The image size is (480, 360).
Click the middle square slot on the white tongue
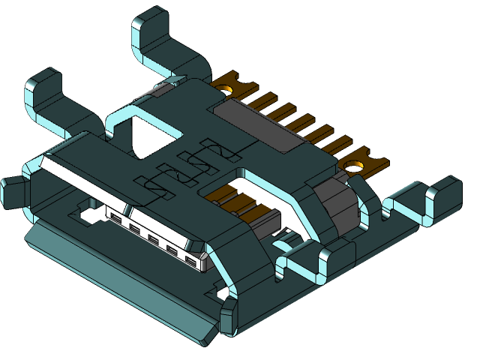[x=153, y=240]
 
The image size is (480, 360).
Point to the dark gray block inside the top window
[x=266, y=217]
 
